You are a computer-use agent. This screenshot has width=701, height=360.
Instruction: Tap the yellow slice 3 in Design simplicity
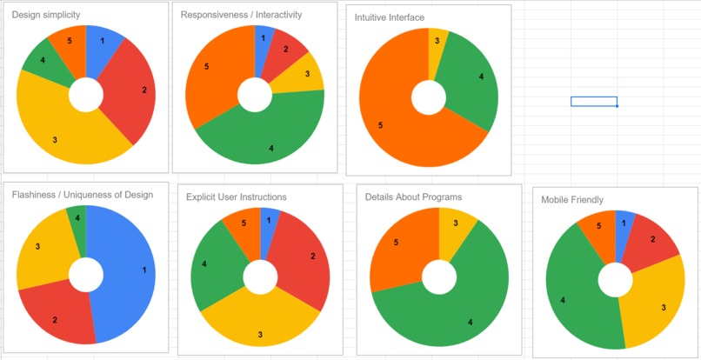(x=61, y=130)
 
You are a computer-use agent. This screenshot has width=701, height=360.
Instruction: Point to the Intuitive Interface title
(x=389, y=17)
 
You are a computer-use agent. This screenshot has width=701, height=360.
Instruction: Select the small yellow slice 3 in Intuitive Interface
(x=437, y=43)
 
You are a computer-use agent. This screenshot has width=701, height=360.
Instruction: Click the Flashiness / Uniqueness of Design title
(x=82, y=195)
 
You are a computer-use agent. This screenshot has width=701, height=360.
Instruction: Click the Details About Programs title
(x=413, y=197)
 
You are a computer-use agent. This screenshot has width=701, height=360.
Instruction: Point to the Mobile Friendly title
(x=572, y=200)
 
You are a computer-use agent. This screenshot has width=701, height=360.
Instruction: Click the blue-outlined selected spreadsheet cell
(x=594, y=102)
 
